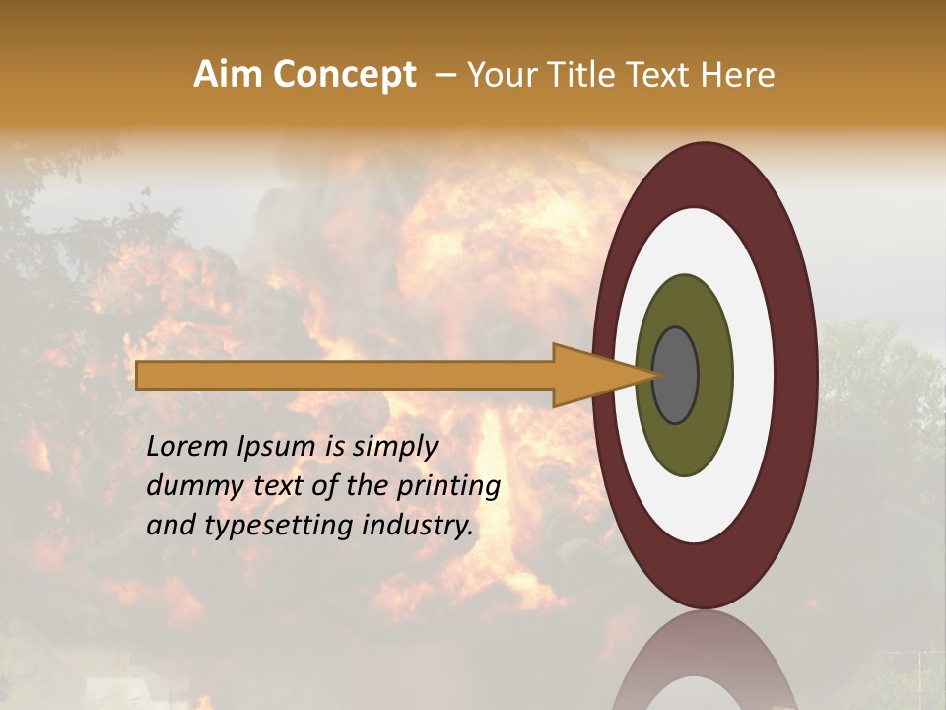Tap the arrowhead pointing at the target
pos(601,375)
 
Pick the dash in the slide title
pos(444,75)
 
